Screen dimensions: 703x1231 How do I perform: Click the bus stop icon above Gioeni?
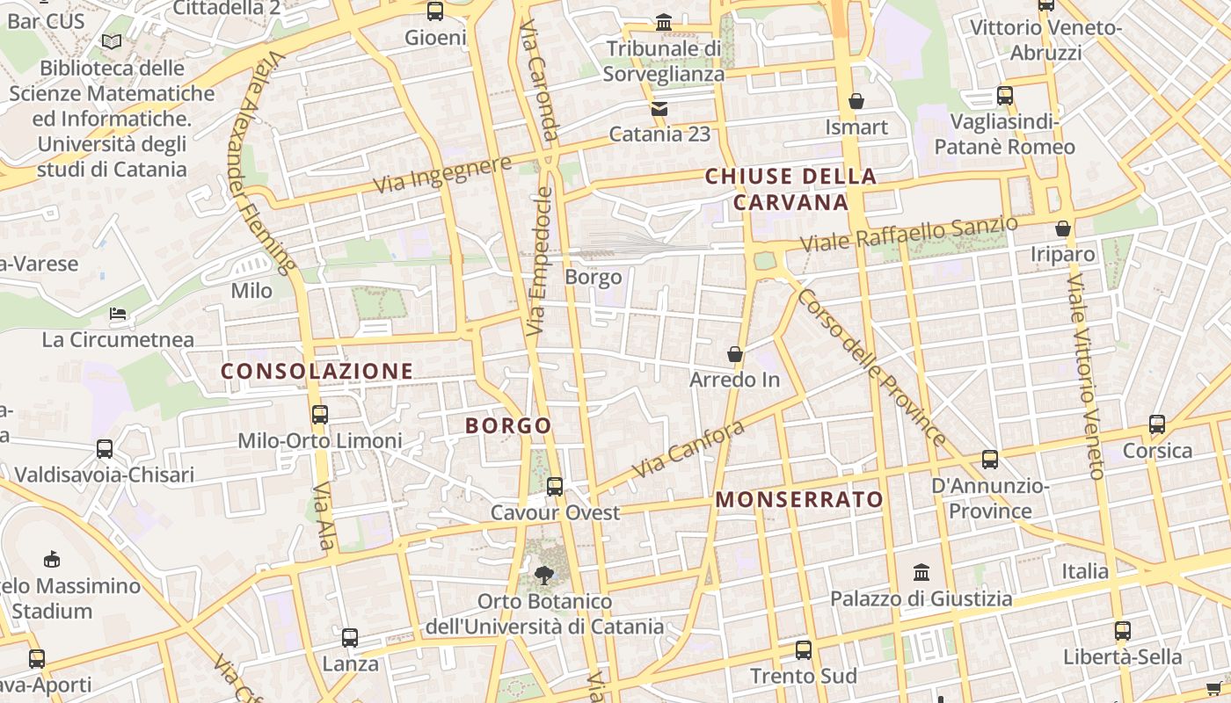(x=435, y=11)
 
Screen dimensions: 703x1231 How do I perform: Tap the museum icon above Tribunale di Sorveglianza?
(x=664, y=22)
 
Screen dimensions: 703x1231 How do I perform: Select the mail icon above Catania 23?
(x=659, y=109)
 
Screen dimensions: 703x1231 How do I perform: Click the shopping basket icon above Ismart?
(x=856, y=101)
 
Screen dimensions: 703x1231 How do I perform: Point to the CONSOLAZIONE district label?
(x=317, y=371)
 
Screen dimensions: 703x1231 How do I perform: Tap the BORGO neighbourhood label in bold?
(x=508, y=426)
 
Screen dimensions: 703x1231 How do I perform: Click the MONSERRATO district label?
(x=799, y=500)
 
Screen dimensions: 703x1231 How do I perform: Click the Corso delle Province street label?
(x=870, y=367)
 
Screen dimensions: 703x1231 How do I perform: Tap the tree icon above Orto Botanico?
(x=544, y=576)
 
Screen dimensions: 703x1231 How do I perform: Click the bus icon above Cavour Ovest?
(x=555, y=486)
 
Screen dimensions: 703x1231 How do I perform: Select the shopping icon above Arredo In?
(x=735, y=354)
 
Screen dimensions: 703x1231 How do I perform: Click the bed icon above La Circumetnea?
(x=118, y=314)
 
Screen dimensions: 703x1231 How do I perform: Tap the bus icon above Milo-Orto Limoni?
(x=320, y=414)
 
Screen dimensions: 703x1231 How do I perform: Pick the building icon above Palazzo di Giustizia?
(x=921, y=573)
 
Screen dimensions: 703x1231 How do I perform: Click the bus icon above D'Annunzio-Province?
(x=990, y=459)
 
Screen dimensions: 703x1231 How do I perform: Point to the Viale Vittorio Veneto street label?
(x=1084, y=376)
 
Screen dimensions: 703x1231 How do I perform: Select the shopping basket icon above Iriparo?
(x=1063, y=228)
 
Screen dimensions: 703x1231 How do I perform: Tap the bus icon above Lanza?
(x=350, y=638)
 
